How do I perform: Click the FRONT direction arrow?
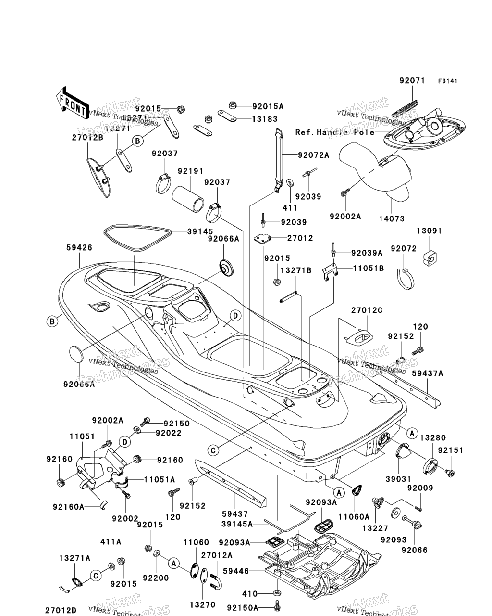point(71,103)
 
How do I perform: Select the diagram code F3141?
point(447,81)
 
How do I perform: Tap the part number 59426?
point(79,248)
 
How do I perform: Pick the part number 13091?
point(429,231)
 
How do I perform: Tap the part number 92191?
point(191,171)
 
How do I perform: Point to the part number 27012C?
point(367,310)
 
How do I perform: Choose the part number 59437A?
point(428,373)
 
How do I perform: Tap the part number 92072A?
point(313,155)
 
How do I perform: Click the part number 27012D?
point(61,610)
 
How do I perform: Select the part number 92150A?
point(243,608)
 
